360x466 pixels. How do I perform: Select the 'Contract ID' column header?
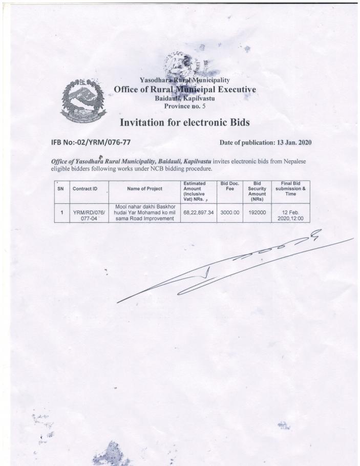pos(85,189)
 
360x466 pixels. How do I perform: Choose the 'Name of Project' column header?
pos(144,189)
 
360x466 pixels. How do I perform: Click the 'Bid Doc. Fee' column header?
pos(230,186)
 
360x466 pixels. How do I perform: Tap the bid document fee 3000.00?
pos(230,212)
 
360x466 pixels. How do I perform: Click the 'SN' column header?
pos(60,189)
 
